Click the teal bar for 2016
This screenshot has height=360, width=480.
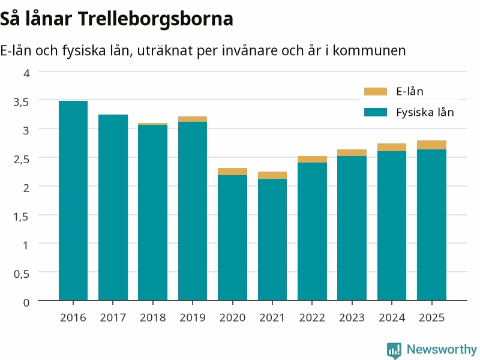(73, 200)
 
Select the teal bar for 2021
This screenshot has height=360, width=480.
(272, 239)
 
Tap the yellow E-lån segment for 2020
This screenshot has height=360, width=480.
(233, 172)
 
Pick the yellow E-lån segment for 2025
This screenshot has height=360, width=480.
(431, 145)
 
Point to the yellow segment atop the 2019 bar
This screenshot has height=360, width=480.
(193, 119)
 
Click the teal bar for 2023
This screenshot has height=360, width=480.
(352, 228)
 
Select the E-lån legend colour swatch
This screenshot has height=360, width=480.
(376, 92)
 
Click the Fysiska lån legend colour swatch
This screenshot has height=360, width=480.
(376, 112)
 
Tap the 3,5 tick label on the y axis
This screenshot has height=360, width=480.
(21, 102)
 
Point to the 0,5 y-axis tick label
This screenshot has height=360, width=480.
(22, 274)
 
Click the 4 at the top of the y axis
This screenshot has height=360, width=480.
(26, 73)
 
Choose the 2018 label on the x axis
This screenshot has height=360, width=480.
(153, 317)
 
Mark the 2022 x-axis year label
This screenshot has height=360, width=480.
(312, 317)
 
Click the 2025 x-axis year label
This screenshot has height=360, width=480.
(431, 317)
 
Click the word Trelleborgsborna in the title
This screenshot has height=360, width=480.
(155, 19)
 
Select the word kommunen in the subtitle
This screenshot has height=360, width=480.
(369, 50)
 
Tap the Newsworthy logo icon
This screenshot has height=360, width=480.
(394, 350)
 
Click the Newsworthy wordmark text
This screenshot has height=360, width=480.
(442, 349)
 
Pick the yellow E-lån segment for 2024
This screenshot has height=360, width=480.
(392, 147)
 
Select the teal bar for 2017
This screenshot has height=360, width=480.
(113, 207)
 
